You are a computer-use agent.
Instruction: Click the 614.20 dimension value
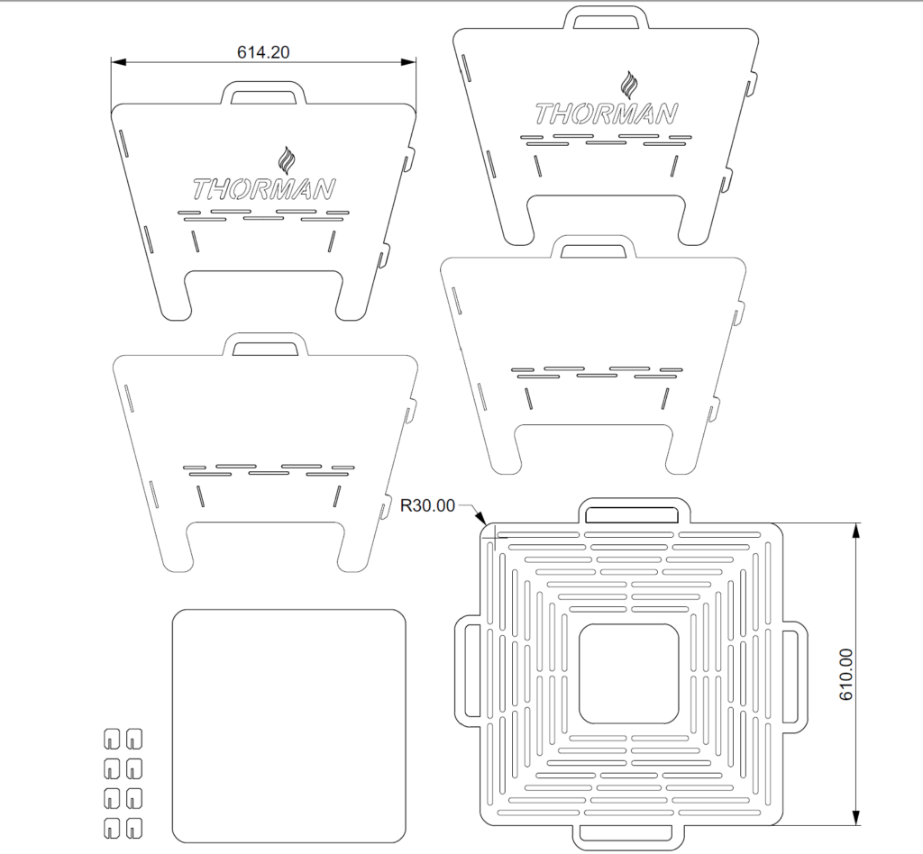263,52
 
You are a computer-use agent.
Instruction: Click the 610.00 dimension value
845,674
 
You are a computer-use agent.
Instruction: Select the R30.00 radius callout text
427,505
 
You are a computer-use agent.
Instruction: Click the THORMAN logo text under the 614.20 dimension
264,189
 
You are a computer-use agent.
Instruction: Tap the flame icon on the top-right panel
629,86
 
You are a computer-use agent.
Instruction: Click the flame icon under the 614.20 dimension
287,160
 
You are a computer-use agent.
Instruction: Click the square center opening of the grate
628,674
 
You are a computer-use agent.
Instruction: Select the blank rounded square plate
289,727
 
